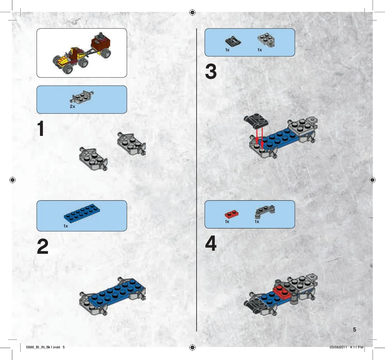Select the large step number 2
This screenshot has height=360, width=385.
[x=42, y=246]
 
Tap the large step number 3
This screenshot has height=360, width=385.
[x=211, y=72]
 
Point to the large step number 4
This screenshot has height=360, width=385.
[x=211, y=243]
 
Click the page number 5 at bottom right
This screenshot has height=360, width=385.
[x=354, y=329]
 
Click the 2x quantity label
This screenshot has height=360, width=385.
[x=72, y=107]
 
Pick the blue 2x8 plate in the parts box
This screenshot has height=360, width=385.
[x=82, y=213]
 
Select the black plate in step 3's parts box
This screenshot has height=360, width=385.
[x=233, y=41]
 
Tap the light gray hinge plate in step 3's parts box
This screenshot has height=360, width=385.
[x=266, y=40]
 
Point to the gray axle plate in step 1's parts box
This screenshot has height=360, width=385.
[x=82, y=97]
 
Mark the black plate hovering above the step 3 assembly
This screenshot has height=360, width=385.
[x=256, y=121]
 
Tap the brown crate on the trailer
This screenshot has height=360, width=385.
[x=101, y=44]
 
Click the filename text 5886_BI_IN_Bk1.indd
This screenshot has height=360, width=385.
[x=43, y=347]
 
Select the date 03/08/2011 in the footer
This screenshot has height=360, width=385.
[x=338, y=347]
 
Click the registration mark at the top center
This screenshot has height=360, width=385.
[x=192, y=12]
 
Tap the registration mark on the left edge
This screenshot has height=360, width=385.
[x=12, y=180]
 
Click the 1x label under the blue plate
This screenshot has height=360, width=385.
[x=66, y=226]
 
